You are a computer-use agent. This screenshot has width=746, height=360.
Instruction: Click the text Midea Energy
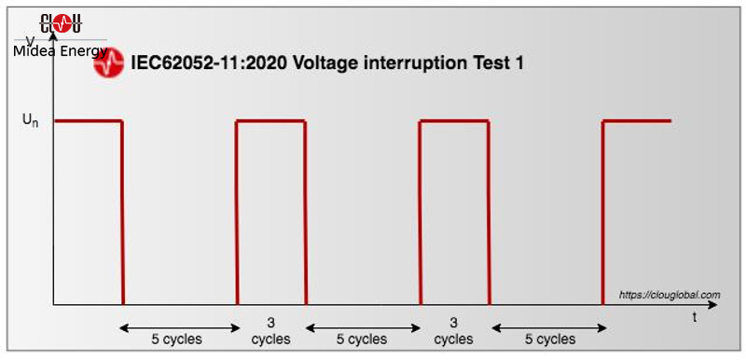coord(61,50)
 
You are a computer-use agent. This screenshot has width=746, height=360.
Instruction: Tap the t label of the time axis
coord(695,318)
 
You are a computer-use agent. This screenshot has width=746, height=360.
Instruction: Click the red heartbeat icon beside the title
coord(109,63)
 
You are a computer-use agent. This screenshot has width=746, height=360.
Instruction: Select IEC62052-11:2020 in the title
coord(197,63)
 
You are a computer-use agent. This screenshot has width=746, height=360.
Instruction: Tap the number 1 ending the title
coord(519,63)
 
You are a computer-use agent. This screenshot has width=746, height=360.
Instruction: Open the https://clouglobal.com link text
coord(670,295)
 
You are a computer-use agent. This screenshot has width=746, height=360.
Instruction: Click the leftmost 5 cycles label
coord(176,339)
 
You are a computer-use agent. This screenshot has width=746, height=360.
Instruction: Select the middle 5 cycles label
coord(361,339)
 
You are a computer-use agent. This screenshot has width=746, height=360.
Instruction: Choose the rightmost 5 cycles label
coord(549,339)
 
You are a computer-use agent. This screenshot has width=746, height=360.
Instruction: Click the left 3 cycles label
coord(271,331)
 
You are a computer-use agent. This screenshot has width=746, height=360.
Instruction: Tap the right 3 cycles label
coord(454,331)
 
